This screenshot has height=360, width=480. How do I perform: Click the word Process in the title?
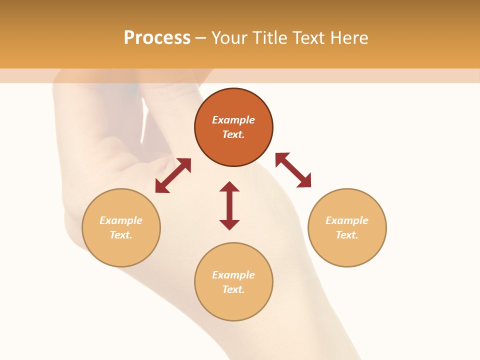157,38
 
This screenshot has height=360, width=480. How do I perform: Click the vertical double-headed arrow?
229,205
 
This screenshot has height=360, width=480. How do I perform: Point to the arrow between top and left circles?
173,175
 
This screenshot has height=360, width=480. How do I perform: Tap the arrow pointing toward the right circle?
293,170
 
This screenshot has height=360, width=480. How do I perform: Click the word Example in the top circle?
233,120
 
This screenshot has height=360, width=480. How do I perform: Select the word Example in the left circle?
121,220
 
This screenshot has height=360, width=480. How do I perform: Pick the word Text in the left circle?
120,235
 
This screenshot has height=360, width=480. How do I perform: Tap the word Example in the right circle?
347,220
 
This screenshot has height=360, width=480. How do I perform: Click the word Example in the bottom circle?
233,275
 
